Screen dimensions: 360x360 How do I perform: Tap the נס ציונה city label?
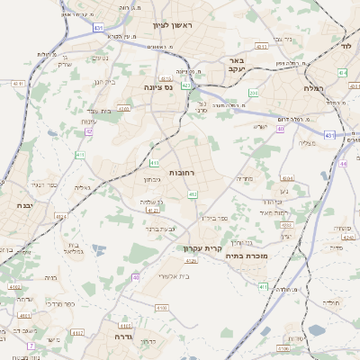157,87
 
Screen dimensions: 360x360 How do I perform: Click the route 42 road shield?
88,131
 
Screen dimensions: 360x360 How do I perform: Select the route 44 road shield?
343,165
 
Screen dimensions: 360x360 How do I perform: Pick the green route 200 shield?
254,93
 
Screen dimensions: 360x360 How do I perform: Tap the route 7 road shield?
30,346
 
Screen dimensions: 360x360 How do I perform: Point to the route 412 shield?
193,193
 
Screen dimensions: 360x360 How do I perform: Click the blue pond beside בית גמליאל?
97,249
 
